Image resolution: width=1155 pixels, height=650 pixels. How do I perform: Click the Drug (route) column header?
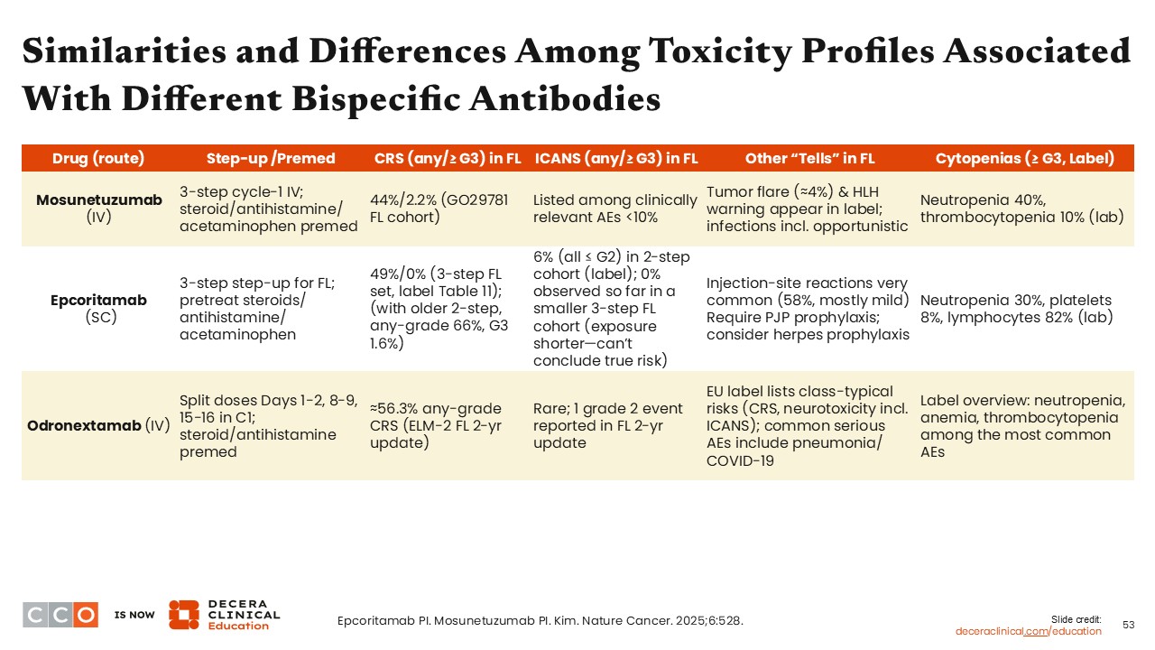[x=98, y=159]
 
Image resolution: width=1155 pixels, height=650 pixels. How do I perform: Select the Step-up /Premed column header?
[x=271, y=159]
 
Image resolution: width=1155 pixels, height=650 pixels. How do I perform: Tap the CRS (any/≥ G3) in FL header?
[x=448, y=159]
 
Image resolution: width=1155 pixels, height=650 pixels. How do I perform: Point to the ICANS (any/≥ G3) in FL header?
[x=616, y=159]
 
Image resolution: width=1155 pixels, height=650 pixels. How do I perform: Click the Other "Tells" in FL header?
[x=809, y=159]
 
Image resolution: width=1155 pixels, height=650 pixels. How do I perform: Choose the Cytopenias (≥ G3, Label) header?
[x=1024, y=159]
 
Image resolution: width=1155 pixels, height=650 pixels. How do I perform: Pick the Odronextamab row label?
[x=98, y=425]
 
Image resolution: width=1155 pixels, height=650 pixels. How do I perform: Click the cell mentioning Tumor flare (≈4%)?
[x=807, y=209]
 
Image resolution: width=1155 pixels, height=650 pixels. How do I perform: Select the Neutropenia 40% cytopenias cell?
[x=1011, y=209]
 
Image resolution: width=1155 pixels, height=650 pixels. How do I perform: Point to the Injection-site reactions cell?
[x=807, y=309]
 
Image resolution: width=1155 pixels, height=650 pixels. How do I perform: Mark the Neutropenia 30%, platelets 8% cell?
[x=1015, y=309]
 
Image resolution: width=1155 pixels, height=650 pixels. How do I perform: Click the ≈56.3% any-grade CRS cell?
[x=436, y=425]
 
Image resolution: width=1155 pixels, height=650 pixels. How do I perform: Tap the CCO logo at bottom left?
[x=60, y=615]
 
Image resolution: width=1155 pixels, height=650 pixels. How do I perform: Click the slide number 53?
[x=1128, y=625]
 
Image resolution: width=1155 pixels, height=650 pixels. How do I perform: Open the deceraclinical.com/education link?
[x=1029, y=631]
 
